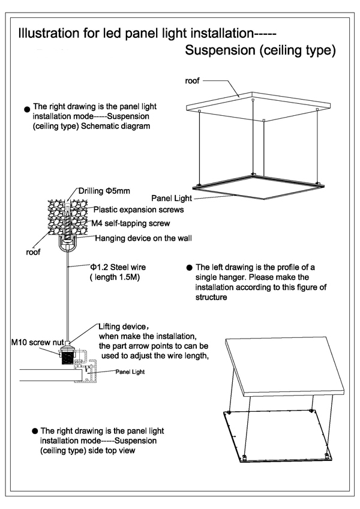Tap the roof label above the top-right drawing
193,80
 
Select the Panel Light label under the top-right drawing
171,197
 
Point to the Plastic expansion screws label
139,210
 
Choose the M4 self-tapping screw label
131,223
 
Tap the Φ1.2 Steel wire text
118,267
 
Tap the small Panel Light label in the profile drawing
130,372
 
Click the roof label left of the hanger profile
33,253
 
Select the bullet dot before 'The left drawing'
190,268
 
